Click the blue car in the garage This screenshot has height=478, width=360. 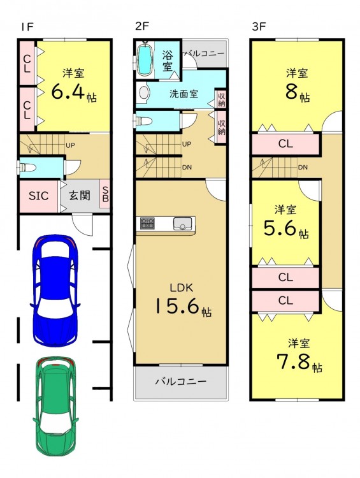click(55, 291)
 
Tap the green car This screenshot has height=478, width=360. click(55, 407)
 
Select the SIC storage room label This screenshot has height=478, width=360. click(38, 196)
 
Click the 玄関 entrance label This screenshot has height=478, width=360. click(80, 196)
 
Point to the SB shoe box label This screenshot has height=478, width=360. click(105, 194)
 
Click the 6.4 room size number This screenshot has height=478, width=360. click(68, 91)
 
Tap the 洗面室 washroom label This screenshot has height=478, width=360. click(184, 94)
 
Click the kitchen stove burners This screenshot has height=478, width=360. click(147, 224)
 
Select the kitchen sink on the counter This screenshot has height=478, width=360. click(183, 224)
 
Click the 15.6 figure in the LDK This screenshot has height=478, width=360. click(177, 306)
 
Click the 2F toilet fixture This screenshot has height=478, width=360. click(143, 120)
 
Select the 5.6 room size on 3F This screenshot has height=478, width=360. click(280, 228)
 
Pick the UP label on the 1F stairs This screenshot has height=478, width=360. click(71, 145)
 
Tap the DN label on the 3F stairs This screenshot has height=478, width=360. click(303, 168)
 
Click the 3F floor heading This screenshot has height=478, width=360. click(259, 27)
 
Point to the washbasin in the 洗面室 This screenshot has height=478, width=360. click(144, 92)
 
